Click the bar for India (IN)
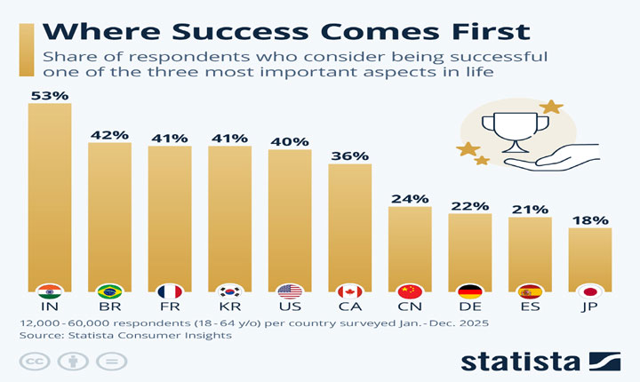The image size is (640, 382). click(x=50, y=195)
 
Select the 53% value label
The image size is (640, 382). click(x=50, y=93)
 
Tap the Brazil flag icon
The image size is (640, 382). click(x=109, y=291)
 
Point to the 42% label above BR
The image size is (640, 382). click(x=109, y=135)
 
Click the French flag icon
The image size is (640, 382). click(x=170, y=291)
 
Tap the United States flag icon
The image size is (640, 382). click(x=290, y=291)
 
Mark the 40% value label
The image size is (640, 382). click(x=290, y=140)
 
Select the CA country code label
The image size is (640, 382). click(x=350, y=307)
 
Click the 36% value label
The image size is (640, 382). click(x=350, y=155)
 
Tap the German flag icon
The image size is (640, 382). click(x=470, y=291)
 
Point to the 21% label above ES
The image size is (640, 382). click(x=530, y=209)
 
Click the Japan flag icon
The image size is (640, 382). click(x=590, y=291)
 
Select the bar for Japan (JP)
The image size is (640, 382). click(x=590, y=258)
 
